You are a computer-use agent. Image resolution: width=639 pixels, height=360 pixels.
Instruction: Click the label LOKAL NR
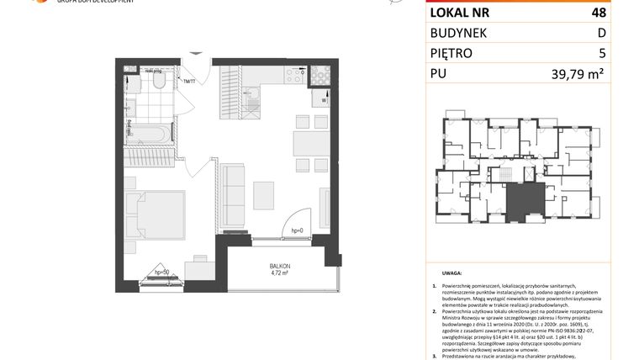[460, 12]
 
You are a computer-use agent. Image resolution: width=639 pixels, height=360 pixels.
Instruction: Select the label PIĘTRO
[452, 53]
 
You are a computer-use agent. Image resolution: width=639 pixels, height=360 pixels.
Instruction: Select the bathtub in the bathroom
[148, 133]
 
